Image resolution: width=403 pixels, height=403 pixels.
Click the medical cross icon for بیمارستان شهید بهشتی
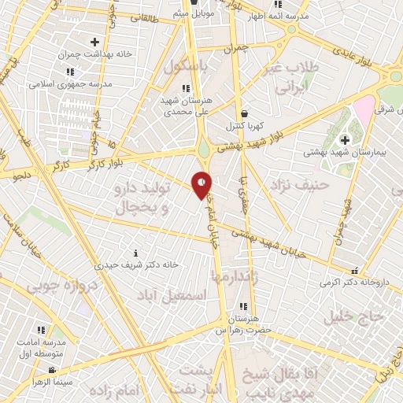pos(344,141)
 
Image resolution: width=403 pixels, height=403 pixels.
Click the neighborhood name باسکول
pos(187,68)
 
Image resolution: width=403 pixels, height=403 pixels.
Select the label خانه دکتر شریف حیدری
pos(135,264)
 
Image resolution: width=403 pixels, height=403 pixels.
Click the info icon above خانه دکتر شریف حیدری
pos(135,253)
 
